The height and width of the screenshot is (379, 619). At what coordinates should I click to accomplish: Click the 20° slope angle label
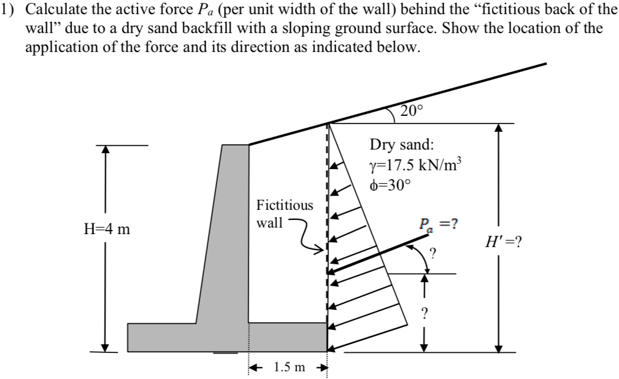click(x=411, y=111)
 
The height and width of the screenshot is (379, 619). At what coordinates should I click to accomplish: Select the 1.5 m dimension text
click(x=289, y=368)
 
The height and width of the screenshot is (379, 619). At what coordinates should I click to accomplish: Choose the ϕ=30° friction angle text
click(x=388, y=183)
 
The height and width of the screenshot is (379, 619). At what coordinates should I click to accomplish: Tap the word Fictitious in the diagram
click(x=285, y=205)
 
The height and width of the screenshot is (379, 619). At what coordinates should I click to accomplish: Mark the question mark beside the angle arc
click(x=434, y=254)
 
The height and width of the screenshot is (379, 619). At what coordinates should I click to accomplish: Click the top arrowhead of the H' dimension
click(x=500, y=128)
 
